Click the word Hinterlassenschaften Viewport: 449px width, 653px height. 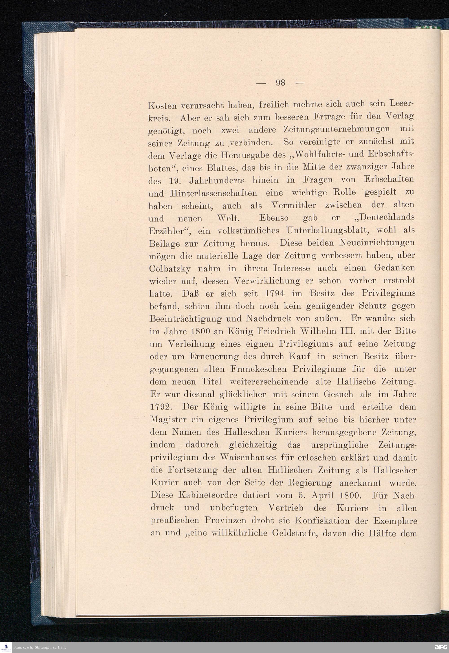(x=213, y=193)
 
